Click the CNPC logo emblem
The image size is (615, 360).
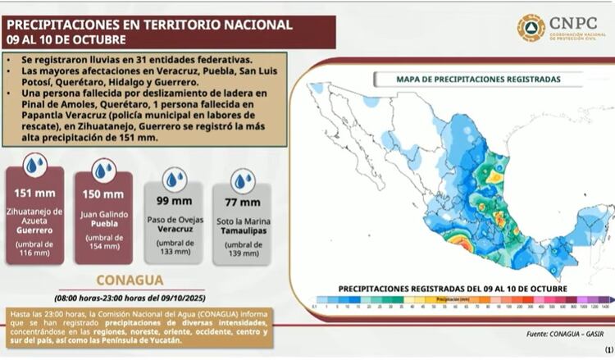tap(531, 27)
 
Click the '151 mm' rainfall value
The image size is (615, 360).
tap(34, 192)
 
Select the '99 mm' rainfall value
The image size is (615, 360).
tap(173, 201)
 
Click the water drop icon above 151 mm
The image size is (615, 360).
tap(34, 166)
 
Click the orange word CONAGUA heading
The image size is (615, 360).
tap(130, 279)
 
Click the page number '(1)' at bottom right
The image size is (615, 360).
tap(608, 349)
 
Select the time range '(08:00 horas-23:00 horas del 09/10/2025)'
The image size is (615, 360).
tap(130, 297)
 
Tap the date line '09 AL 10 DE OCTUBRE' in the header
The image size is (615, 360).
tap(66, 39)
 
